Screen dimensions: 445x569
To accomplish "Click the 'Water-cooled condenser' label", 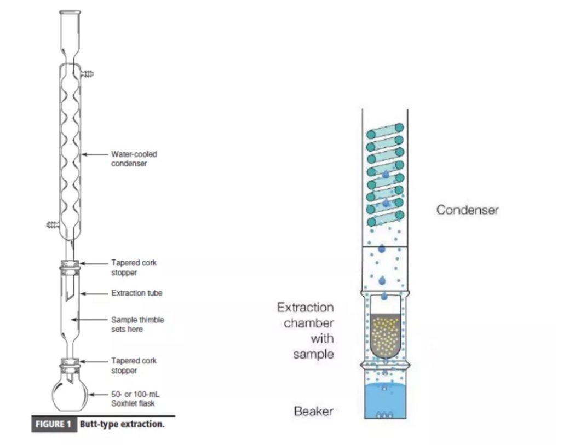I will click(x=129, y=159).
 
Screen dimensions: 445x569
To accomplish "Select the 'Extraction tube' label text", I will click(x=137, y=293).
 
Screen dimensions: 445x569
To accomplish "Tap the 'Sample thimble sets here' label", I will click(x=137, y=324).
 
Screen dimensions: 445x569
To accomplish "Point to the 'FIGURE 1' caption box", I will click(x=54, y=424).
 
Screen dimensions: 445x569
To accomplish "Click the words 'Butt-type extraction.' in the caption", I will click(x=122, y=424).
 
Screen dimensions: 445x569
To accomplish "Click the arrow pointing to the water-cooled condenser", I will click(x=96, y=155).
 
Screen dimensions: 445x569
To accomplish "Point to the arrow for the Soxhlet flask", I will click(x=100, y=394).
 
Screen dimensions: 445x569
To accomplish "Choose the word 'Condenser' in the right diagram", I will click(x=467, y=210).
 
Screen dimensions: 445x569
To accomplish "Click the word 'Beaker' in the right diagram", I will click(x=313, y=411).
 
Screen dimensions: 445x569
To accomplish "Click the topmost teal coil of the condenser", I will click(x=384, y=132).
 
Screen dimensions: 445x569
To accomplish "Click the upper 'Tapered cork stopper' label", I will click(x=134, y=268).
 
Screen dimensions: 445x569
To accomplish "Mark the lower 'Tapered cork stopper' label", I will click(x=134, y=366).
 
